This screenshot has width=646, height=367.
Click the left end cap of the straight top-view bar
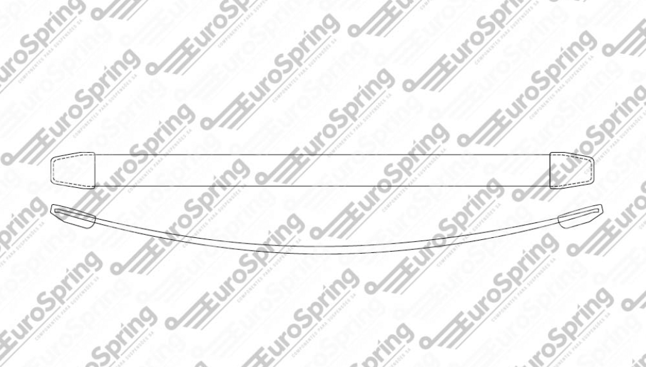pos(72,170)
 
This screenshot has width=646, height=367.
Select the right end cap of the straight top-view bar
pos(571,170)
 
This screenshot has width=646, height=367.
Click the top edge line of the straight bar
pos(322,153)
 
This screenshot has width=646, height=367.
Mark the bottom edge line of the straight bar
pos(322,186)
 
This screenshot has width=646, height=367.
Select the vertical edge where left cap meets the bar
pos(95,170)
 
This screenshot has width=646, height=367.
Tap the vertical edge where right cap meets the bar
pos(550,170)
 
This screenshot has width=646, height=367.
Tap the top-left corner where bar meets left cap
pos(95,153)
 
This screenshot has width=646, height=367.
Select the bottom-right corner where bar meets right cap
pos(550,187)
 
